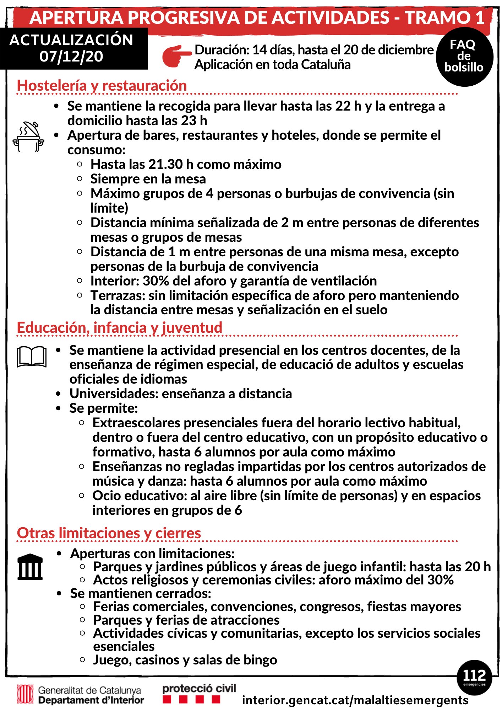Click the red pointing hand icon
(x=176, y=56)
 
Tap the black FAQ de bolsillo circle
(x=464, y=57)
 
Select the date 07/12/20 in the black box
(x=71, y=57)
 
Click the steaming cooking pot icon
(x=28, y=137)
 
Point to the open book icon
(x=32, y=356)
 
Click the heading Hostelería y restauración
(x=102, y=86)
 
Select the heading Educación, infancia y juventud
(x=120, y=328)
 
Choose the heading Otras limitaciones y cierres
(x=109, y=533)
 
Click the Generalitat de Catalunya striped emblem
(x=25, y=694)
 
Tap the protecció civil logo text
(x=199, y=689)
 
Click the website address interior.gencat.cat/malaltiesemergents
(x=355, y=700)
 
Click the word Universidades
(x=114, y=394)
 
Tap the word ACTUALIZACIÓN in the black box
(x=71, y=40)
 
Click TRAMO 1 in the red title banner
(x=445, y=17)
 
